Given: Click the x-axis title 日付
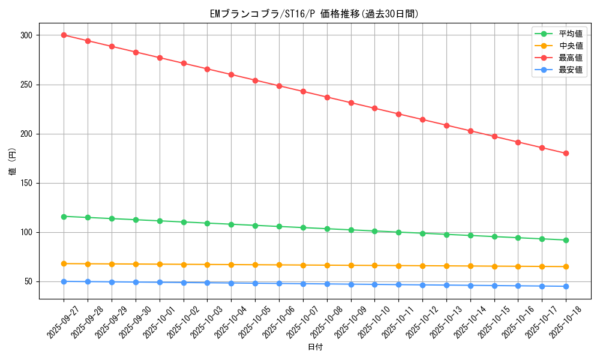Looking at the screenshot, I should (x=315, y=347).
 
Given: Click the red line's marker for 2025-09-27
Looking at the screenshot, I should (x=64, y=35).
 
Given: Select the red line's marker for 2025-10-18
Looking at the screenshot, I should (x=566, y=154).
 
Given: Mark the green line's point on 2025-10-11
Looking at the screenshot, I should (x=398, y=232).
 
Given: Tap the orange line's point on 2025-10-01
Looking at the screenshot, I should (x=160, y=264).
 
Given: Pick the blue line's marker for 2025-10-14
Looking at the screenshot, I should (x=470, y=286).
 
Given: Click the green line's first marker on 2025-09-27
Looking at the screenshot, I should (x=64, y=217).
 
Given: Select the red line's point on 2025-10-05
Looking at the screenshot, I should (x=255, y=80).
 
